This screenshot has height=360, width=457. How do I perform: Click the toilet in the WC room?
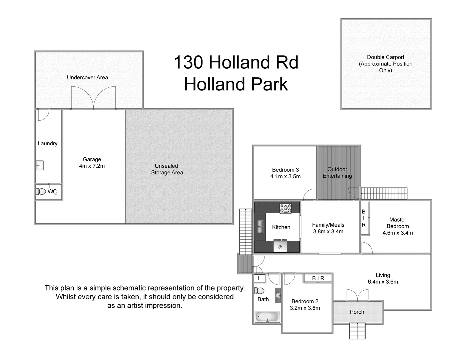coord(41,191)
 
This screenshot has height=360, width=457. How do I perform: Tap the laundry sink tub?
coord(40,165)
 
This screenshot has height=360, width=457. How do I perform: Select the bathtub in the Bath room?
coord(267,316)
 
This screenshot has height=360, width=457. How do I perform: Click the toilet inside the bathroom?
coord(259,291)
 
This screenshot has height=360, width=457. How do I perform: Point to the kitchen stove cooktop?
coord(285,208)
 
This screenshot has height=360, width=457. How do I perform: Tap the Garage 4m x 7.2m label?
coord(92,163)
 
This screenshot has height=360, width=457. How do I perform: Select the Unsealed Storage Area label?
coord(167,169)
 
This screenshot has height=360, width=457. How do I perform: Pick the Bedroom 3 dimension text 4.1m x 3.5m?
coord(285,176)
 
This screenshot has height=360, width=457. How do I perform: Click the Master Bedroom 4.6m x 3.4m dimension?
coord(398,233)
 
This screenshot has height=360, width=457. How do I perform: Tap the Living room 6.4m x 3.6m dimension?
coord(383,282)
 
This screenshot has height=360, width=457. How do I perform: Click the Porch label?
coord(357,312)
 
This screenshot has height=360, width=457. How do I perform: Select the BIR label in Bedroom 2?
coord(318,278)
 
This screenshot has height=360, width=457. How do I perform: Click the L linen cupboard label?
coord(259,278)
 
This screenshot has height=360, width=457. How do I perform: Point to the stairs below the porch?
coord(357,331)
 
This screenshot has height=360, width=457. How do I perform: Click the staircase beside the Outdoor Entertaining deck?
coord(385,193)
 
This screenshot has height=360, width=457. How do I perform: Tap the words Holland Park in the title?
coord(236,84)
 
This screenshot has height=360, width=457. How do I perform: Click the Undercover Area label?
coord(87,77)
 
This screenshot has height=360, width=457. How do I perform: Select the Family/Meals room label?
coord(328,225)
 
